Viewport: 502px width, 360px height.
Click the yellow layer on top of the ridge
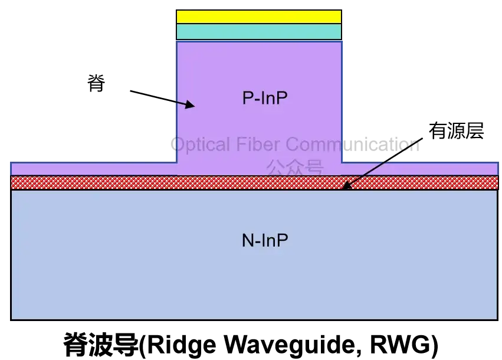pos(259,17)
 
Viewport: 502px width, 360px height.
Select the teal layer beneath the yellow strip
pos(259,32)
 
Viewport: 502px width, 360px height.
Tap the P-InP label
pos(265,98)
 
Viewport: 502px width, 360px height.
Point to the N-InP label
pos(265,240)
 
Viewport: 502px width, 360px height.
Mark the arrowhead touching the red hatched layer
pos(346,186)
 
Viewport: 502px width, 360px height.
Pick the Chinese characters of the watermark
pos(294,168)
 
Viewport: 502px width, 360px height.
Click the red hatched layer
pos(118,182)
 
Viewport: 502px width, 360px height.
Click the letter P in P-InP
pos(248,98)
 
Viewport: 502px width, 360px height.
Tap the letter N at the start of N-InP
pos(248,240)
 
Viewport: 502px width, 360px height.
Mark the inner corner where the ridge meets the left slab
pos(176,161)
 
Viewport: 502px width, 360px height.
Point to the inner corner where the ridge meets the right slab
pos(342,161)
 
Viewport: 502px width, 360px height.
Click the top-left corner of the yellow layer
pos(177,11)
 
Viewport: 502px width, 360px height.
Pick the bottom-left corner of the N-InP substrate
pos(11,319)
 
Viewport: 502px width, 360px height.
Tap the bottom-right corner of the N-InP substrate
pos(498,319)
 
